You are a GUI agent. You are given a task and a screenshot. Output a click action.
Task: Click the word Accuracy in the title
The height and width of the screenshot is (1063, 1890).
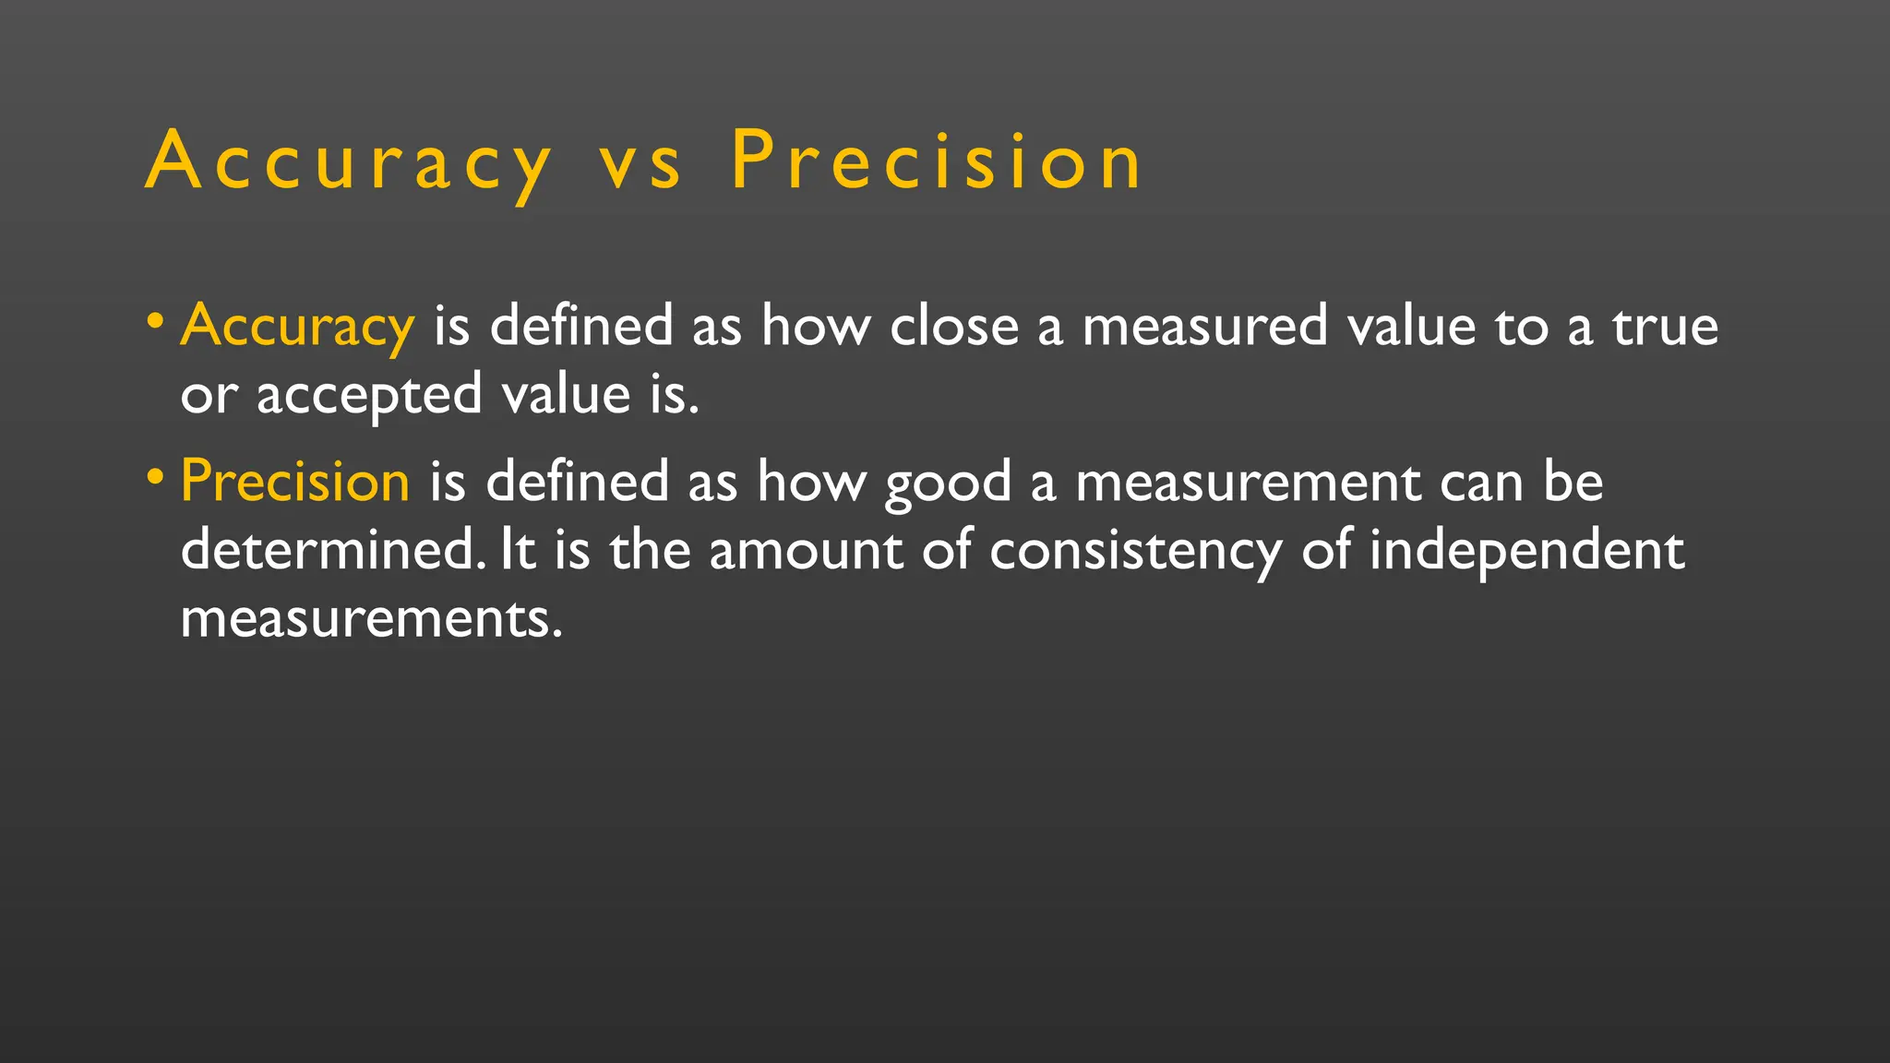(349, 162)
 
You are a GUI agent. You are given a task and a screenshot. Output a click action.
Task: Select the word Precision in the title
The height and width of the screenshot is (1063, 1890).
(937, 161)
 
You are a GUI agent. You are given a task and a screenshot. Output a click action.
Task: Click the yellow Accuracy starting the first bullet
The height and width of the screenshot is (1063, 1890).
(297, 327)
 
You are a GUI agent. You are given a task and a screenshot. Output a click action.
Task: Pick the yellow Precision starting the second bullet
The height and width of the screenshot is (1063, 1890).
(295, 482)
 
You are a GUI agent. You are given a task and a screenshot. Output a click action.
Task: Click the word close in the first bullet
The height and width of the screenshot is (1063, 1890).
(953, 327)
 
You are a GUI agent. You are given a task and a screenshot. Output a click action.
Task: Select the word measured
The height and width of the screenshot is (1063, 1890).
(1204, 327)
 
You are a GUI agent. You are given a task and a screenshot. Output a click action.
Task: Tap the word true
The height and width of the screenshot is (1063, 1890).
(1665, 327)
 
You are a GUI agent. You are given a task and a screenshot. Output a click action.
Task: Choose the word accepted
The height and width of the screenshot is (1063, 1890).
(369, 396)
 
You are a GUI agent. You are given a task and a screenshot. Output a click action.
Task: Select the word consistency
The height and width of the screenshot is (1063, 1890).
(1135, 552)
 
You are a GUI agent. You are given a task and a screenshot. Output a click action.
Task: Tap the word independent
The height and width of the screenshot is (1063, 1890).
(1526, 552)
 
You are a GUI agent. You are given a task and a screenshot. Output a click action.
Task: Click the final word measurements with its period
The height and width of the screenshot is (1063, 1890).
(371, 618)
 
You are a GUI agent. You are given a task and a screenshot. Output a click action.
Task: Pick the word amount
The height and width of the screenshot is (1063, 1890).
(806, 551)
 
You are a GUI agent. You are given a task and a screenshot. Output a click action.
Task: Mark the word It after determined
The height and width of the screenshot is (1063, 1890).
(518, 550)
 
